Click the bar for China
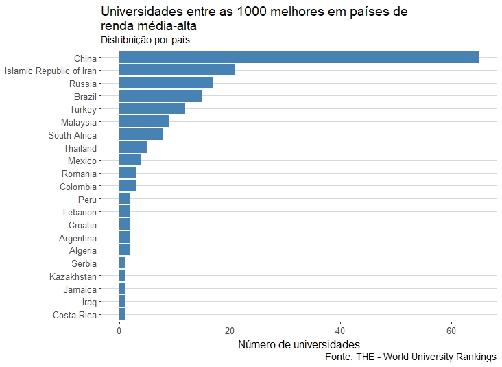coord(298,57)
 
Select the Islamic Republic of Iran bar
coord(177,70)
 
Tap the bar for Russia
coord(166,83)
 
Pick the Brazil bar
coord(160,96)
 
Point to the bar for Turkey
coord(152,109)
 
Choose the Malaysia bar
coord(144,122)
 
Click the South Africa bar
coord(141,134)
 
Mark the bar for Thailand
coord(133,147)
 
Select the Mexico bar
coord(130,161)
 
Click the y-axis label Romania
coord(79,174)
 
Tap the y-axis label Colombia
coord(78,187)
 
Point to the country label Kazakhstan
coord(73,276)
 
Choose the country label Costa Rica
coord(75,315)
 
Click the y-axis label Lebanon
coord(80,212)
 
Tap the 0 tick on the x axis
coord(119,330)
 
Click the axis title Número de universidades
coord(298,344)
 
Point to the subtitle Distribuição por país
coord(145,40)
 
